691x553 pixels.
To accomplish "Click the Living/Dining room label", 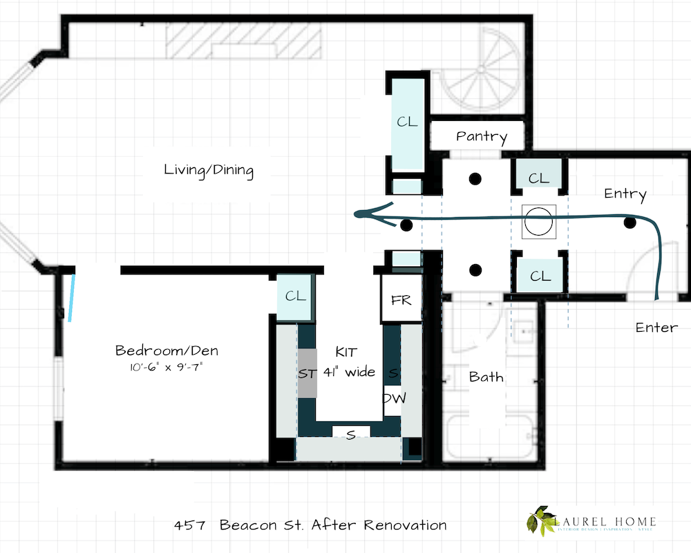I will point(209,170).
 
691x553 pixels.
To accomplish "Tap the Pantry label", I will point(481,136).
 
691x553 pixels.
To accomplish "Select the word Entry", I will point(625,194).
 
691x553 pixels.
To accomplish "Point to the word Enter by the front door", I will point(656,327).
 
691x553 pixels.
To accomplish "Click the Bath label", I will point(486,377).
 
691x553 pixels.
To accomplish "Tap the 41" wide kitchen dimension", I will point(349,373).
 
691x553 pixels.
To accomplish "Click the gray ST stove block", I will point(307,373).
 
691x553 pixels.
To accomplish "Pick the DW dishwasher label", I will point(392,399).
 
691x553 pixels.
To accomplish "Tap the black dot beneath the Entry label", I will point(630,223).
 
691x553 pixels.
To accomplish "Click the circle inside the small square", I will point(538,223).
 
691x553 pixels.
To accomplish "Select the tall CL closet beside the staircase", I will point(407,122).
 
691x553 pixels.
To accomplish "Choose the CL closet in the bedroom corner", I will point(295,296).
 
